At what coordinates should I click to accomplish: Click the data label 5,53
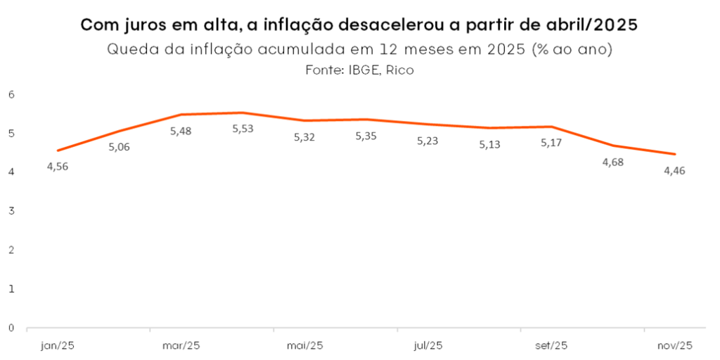click(x=243, y=130)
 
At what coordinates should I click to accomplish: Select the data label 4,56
click(x=58, y=167)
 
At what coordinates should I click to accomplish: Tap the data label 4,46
click(x=674, y=170)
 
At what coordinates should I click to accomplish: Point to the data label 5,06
click(x=120, y=147)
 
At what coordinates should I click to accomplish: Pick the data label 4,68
click(x=612, y=162)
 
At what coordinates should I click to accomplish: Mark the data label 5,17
click(x=551, y=143)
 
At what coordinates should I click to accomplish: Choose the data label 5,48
click(x=181, y=131)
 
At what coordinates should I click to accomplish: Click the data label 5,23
click(x=427, y=141)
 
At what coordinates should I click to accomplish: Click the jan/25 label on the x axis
click(x=57, y=345)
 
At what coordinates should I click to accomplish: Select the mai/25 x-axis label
click(x=304, y=345)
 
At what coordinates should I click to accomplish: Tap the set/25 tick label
click(x=551, y=345)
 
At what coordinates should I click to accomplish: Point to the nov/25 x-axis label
click(x=674, y=345)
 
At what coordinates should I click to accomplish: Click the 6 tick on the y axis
click(x=12, y=94)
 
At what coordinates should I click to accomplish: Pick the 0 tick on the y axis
click(x=12, y=328)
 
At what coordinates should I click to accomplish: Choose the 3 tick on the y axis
click(x=12, y=211)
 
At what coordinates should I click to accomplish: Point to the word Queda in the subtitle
click(x=130, y=49)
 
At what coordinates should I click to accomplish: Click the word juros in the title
click(x=144, y=26)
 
